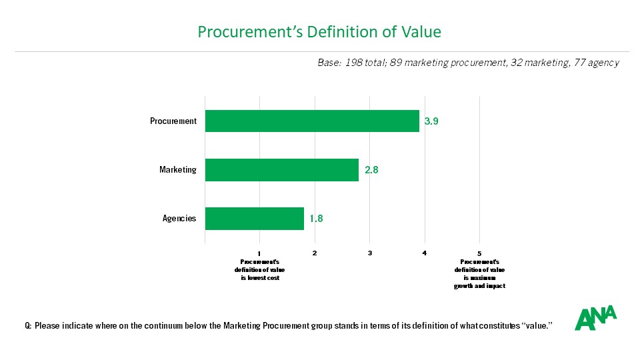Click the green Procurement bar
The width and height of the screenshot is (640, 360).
(312, 121)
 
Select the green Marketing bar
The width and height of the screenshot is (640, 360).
(281, 170)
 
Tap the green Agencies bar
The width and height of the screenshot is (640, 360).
(254, 219)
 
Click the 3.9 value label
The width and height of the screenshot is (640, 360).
(431, 122)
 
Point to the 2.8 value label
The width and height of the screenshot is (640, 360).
(371, 171)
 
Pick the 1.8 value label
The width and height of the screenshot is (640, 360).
(316, 219)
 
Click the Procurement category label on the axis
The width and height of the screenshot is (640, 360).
(173, 121)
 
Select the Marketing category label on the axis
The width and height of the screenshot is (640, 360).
(178, 170)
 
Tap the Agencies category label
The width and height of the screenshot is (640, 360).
(179, 219)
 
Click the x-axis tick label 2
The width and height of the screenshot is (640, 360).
(315, 253)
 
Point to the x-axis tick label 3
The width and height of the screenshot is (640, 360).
(369, 253)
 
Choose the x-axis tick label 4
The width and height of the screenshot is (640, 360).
(425, 253)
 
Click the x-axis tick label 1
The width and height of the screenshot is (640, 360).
(259, 253)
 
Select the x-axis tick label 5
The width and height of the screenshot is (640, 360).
(480, 253)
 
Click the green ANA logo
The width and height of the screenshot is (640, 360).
(595, 318)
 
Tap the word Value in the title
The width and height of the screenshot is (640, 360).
(420, 32)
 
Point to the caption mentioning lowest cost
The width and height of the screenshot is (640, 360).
(259, 270)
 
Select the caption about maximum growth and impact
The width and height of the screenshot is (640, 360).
(480, 274)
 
